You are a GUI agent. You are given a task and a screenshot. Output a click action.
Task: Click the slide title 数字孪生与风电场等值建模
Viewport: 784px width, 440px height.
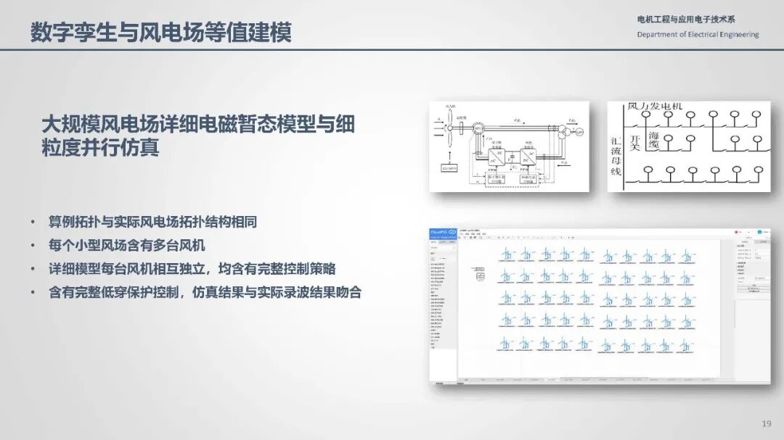[x=160, y=33]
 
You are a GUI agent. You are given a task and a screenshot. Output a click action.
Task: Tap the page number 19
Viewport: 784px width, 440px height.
[x=766, y=423]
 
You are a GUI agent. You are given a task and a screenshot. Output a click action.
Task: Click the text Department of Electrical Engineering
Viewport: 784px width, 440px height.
[x=698, y=35]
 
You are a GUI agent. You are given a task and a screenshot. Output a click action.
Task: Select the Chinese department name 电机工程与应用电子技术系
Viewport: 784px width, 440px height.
[x=685, y=20]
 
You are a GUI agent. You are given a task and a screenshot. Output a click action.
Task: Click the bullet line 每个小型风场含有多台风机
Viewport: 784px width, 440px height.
[x=127, y=245]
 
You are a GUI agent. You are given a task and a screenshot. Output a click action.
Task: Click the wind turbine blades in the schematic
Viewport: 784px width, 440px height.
[x=450, y=129]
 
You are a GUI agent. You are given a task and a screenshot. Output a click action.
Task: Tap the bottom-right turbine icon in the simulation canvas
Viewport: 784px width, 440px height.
[x=684, y=344]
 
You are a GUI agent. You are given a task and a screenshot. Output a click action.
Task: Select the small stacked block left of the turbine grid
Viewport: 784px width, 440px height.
[x=478, y=274]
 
